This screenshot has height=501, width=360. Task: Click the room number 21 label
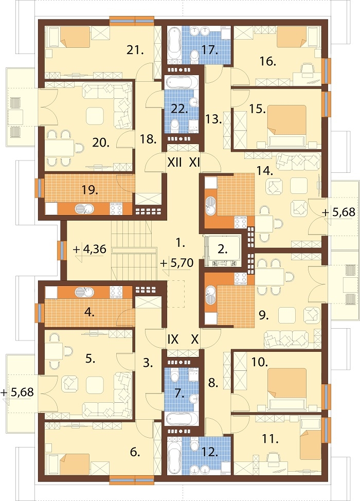[134, 50]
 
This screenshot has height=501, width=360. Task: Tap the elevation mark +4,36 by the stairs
[90, 249]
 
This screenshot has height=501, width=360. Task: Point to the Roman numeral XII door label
[175, 163]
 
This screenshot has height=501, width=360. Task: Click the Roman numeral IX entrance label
[173, 339]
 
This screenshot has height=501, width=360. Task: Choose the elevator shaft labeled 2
[223, 251]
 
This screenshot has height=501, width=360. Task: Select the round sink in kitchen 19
[84, 209]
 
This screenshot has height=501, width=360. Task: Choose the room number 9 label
[263, 316]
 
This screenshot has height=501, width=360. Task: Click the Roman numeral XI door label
[194, 163]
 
